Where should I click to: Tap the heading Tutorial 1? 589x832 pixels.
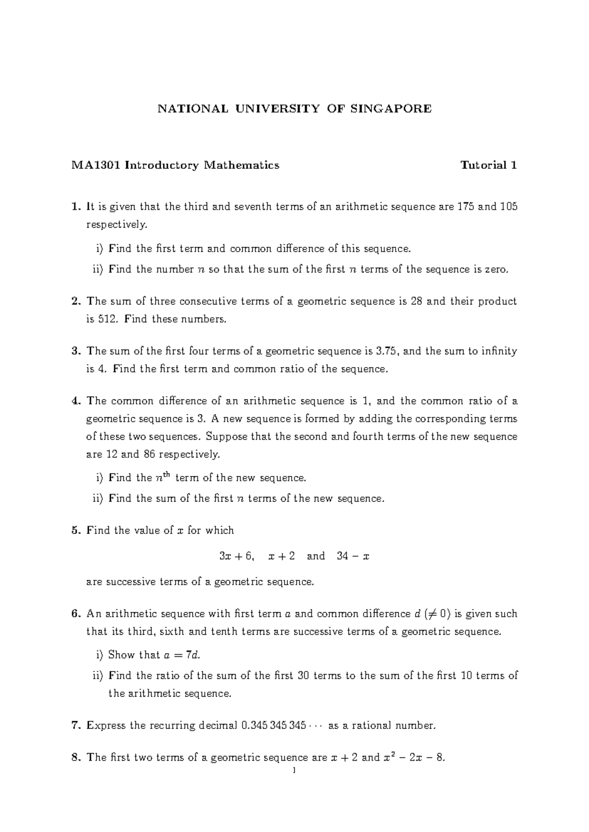click(488, 165)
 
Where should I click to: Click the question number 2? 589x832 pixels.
click(75, 301)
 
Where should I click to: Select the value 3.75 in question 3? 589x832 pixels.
click(388, 351)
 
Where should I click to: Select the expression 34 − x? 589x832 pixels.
click(353, 556)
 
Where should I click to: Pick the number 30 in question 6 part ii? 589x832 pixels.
click(303, 676)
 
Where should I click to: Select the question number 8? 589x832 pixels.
click(75, 758)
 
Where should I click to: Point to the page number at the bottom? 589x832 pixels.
click(294, 771)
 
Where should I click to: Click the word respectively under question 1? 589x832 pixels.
click(116, 225)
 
